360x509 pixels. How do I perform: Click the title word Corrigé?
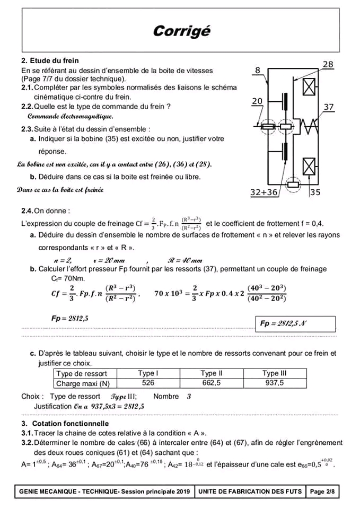click(x=181, y=31)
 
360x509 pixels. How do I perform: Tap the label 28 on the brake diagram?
click(x=328, y=65)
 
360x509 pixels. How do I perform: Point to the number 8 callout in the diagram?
click(x=258, y=70)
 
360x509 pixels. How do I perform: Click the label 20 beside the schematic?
click(x=257, y=101)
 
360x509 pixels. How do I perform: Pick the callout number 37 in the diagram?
click(x=329, y=107)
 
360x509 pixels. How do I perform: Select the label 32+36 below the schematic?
click(x=264, y=192)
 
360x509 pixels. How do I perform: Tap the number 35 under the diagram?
click(x=315, y=192)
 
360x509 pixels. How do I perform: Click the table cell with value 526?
click(x=148, y=383)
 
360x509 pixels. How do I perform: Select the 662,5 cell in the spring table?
click(x=211, y=383)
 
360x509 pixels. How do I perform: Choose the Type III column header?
click(x=275, y=373)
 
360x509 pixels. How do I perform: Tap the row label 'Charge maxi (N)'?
click(x=83, y=383)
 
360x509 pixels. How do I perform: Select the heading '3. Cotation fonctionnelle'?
click(x=65, y=424)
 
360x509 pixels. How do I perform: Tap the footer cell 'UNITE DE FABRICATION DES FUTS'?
click(x=250, y=492)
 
